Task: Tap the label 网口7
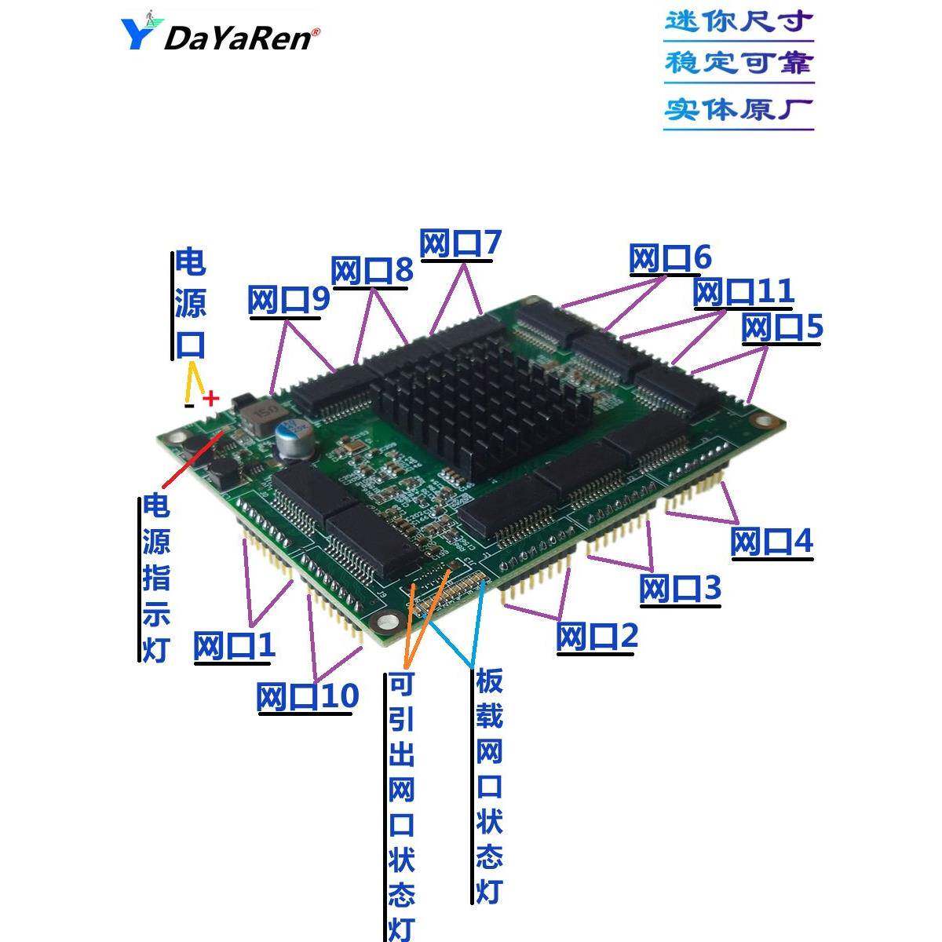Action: coord(460,244)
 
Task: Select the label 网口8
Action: coord(371,272)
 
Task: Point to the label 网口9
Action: coord(288,301)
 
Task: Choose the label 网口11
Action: coord(743,292)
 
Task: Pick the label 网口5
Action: coord(782,327)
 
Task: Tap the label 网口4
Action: coord(772,542)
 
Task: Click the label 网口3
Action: coord(680,589)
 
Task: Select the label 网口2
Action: coord(597,636)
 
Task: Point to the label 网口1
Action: coord(234,646)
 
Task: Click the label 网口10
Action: coord(307,696)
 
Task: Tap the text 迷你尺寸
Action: coord(739,21)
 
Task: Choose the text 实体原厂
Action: coord(739,108)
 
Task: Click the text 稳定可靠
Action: coord(739,64)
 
